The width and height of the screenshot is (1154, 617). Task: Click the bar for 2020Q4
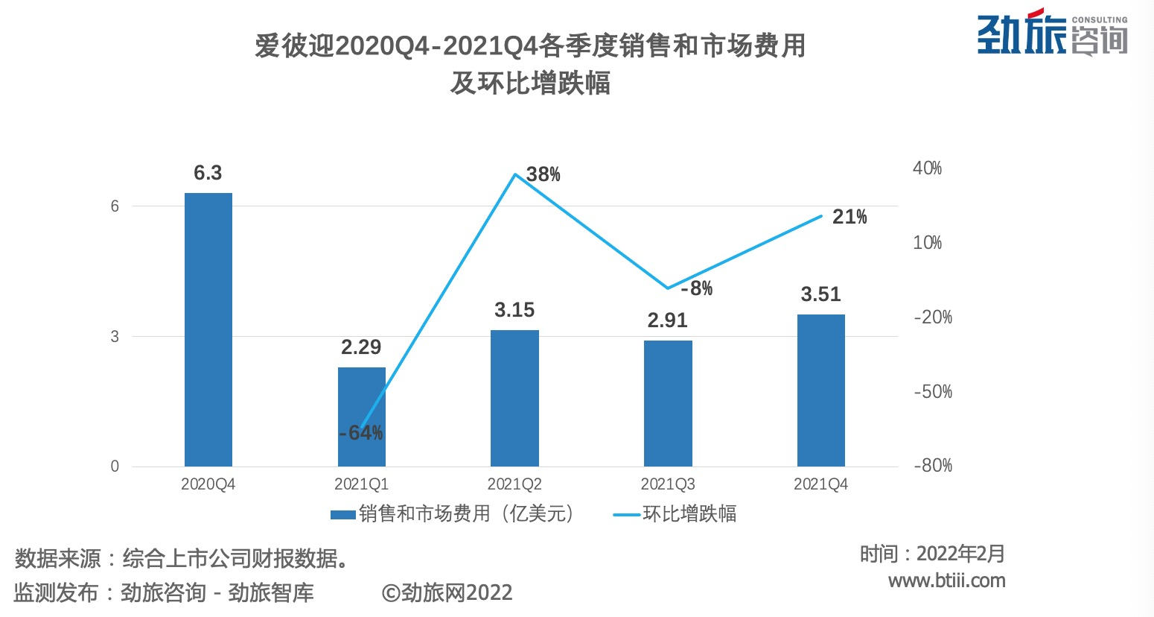pos(208,329)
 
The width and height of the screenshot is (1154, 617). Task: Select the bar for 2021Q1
pos(362,417)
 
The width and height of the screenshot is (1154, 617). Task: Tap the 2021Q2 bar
pos(514,398)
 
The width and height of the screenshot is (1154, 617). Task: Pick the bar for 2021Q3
pos(668,403)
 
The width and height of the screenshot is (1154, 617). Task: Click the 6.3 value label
pos(208,173)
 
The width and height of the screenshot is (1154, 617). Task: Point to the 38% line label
pos(543,174)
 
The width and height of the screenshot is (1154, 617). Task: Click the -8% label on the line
pos(697,288)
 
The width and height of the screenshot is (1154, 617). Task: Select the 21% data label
pos(849,217)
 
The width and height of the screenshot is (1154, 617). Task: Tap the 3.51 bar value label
pos(820,294)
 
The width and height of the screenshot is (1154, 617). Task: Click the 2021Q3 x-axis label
pos(668,484)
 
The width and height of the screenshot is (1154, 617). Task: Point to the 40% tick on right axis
pos(927,168)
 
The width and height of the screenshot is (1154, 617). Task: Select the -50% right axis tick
pos(932,391)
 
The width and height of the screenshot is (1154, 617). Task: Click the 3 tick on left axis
pos(115,337)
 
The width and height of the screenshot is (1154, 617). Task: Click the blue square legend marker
pos(342,514)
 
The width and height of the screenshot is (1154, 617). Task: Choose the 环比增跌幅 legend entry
pos(689,514)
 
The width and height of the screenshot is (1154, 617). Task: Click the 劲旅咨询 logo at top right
pos(1052,33)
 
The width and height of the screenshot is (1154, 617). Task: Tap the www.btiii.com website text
pos(946,580)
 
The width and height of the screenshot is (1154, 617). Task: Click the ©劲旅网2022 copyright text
pos(447,593)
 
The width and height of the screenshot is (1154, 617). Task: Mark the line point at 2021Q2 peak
pos(514,174)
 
